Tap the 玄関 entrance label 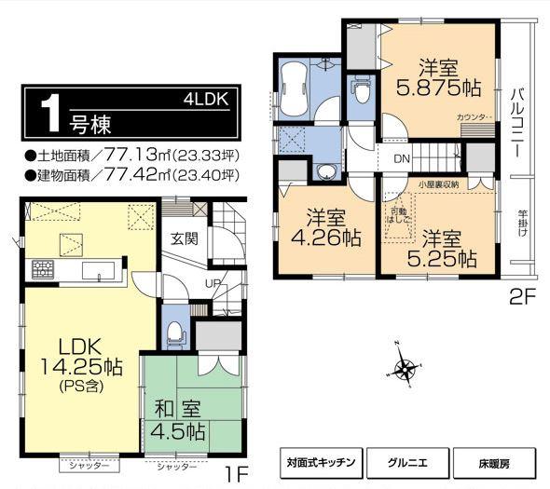click(183, 238)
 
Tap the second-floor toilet click(362, 91)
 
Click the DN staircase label click(400, 158)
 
